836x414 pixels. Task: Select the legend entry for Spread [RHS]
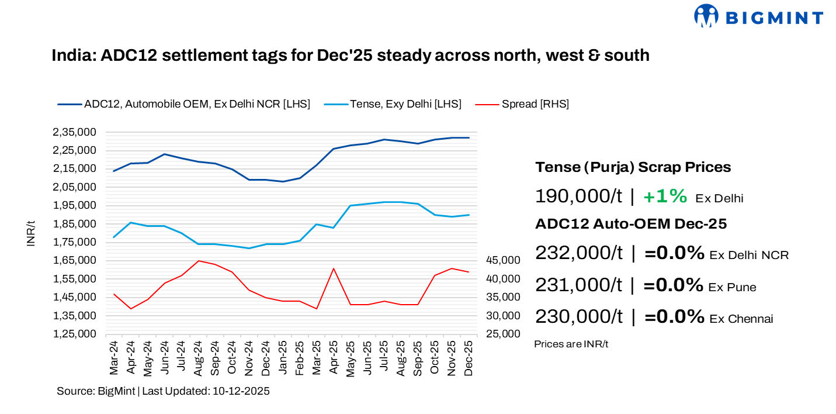[x=535, y=104]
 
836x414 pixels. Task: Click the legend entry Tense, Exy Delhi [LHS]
[x=405, y=104]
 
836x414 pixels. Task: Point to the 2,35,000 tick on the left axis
[x=74, y=132]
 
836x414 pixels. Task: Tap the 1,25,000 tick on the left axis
[x=74, y=334]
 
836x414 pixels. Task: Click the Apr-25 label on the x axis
[x=333, y=358]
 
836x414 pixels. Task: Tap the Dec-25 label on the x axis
[x=468, y=358]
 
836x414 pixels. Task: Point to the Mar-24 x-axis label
[x=114, y=358]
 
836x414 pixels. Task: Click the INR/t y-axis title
[x=31, y=233]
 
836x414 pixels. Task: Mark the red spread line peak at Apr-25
[x=333, y=268]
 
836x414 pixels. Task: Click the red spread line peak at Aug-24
[x=199, y=261]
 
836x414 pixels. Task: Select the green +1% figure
[x=665, y=196]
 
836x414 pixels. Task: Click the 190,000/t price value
[x=578, y=196]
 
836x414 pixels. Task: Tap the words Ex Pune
[x=732, y=287]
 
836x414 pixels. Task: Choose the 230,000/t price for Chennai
[x=578, y=317]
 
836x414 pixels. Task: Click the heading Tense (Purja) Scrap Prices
[x=633, y=167]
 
